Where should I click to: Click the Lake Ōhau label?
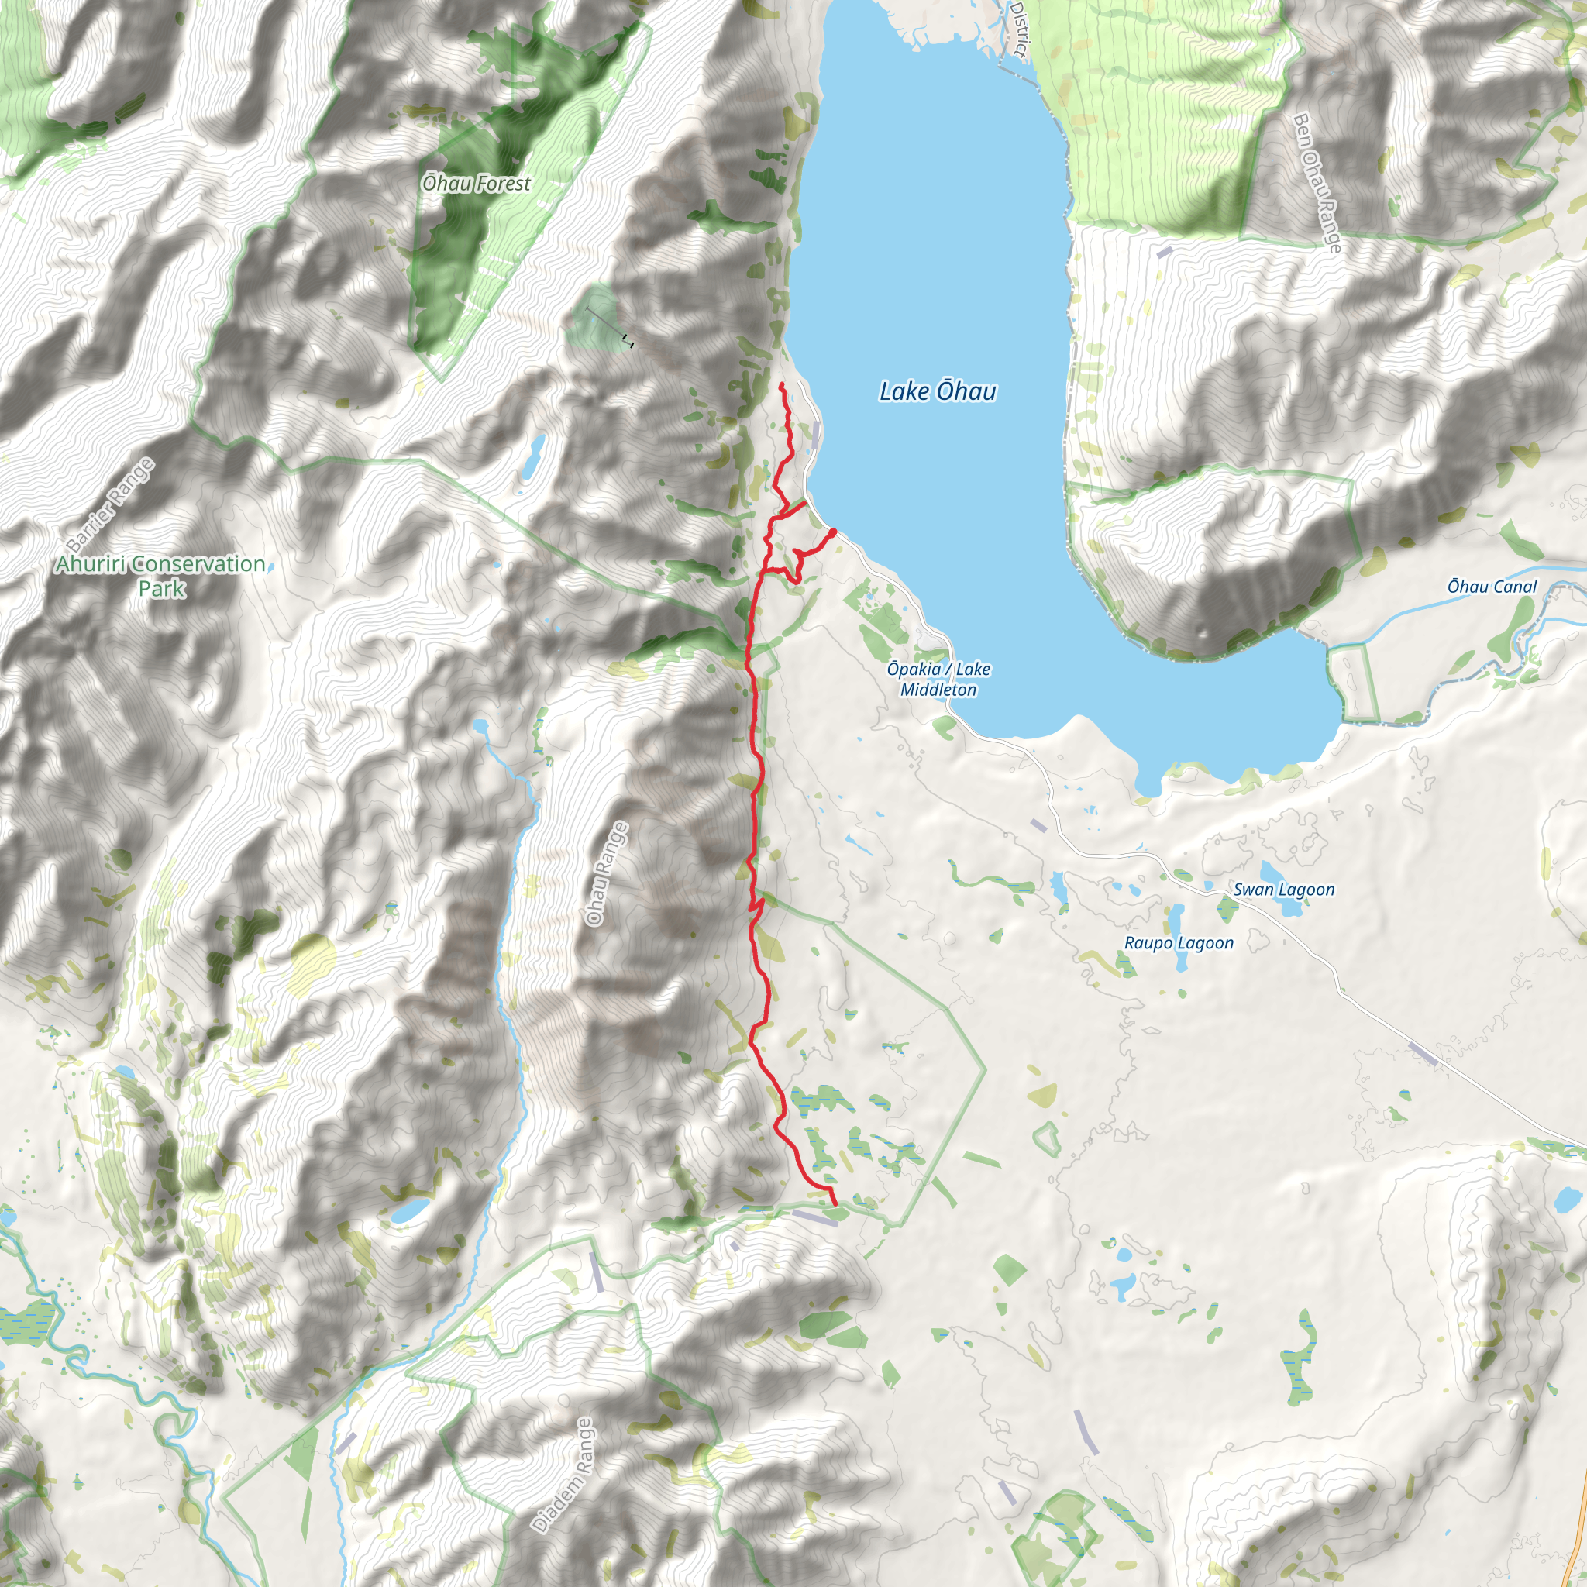pos(938,391)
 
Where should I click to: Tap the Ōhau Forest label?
pos(477,183)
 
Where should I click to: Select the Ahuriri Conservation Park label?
pos(161,576)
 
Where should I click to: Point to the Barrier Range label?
pos(110,504)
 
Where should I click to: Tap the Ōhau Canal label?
pos(1492,587)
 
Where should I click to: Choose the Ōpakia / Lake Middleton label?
pos(938,680)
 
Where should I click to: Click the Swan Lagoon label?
pos(1284,890)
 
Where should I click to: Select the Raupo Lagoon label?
pos(1179,943)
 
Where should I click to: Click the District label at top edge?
pos(1018,29)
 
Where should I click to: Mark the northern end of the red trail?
pos(780,384)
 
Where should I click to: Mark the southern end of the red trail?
pos(835,1204)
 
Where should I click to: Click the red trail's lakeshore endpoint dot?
pos(833,532)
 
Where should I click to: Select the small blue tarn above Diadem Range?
pos(410,1209)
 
